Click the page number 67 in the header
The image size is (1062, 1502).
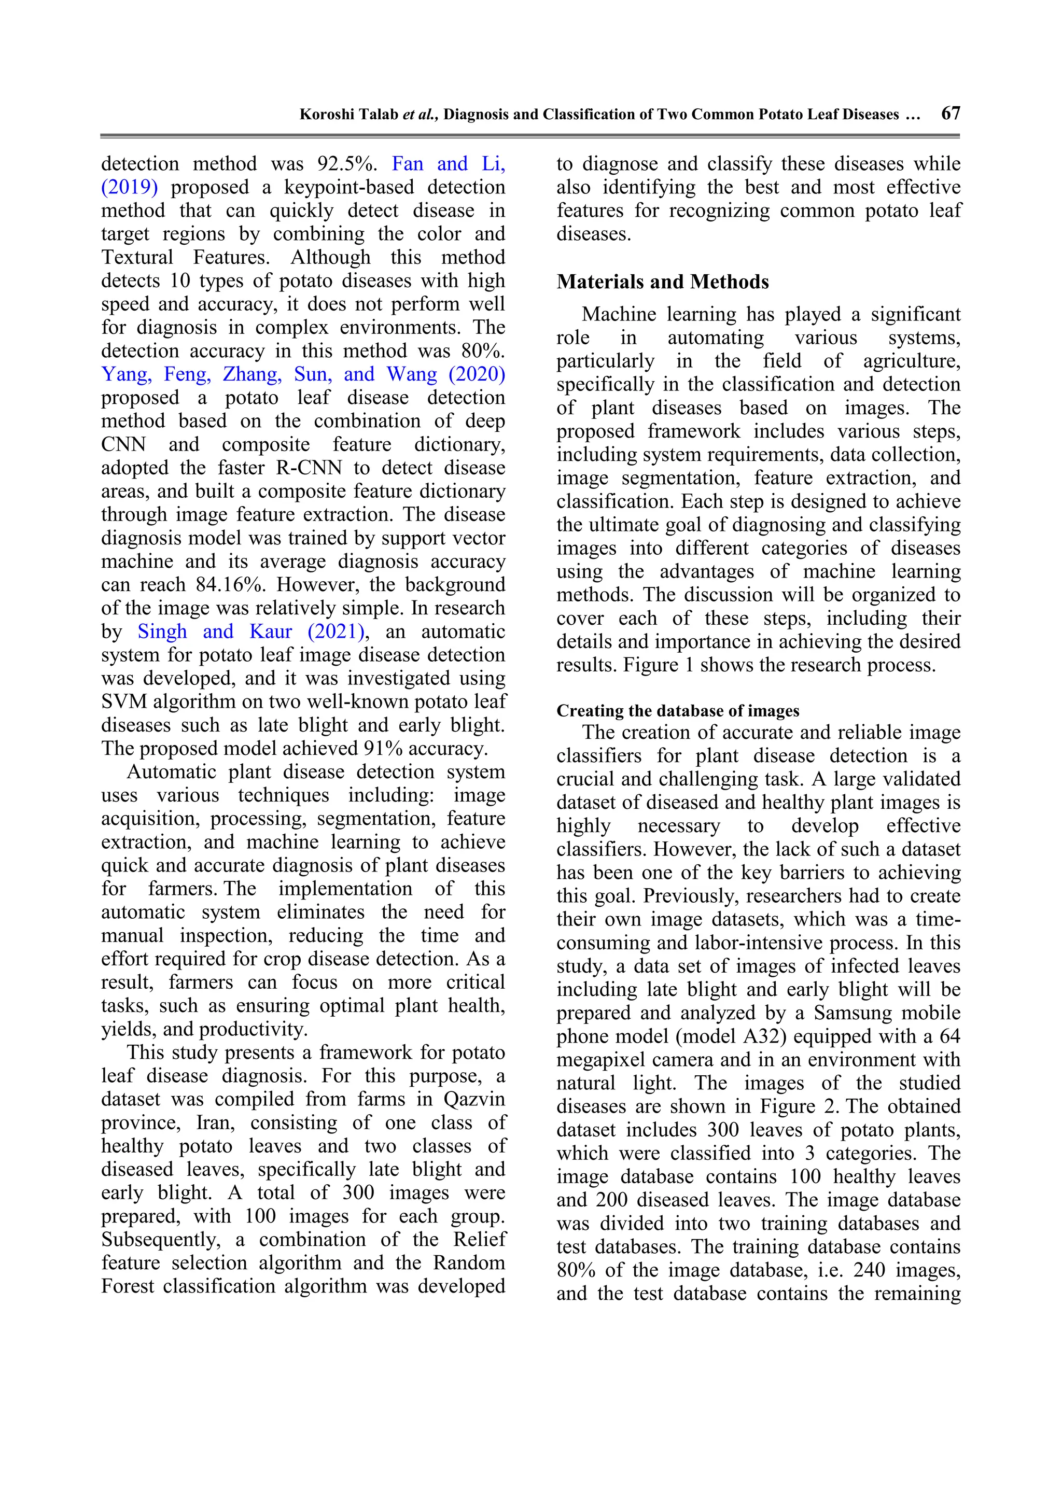(950, 114)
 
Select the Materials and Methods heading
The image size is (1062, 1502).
(662, 282)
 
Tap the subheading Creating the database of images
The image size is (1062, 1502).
(678, 711)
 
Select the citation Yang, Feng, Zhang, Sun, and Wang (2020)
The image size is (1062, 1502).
(303, 374)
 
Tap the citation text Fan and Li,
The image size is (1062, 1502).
(448, 164)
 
